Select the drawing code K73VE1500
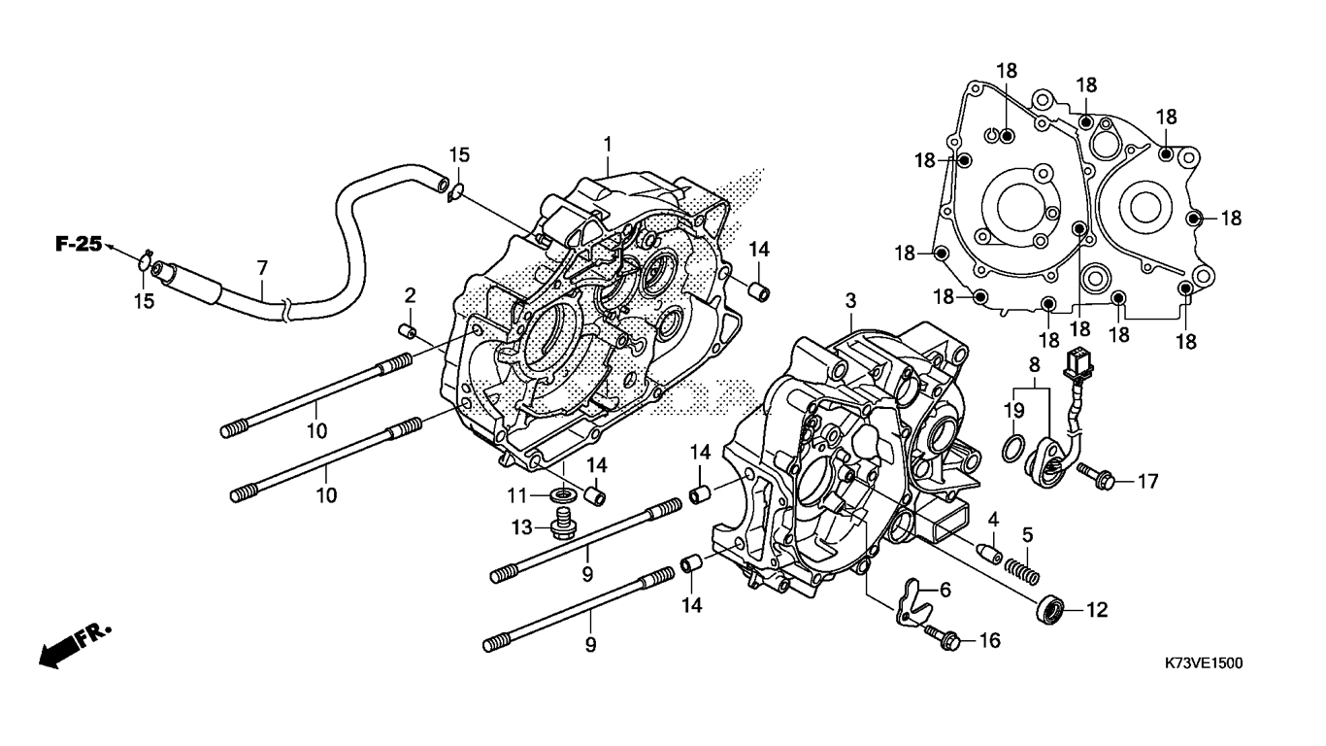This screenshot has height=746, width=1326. [x=1204, y=663]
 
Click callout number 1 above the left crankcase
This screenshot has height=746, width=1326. [x=608, y=145]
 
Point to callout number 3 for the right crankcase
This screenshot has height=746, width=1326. [x=850, y=298]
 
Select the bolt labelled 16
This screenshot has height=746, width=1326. [x=946, y=638]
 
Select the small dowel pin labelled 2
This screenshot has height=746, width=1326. [x=409, y=333]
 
